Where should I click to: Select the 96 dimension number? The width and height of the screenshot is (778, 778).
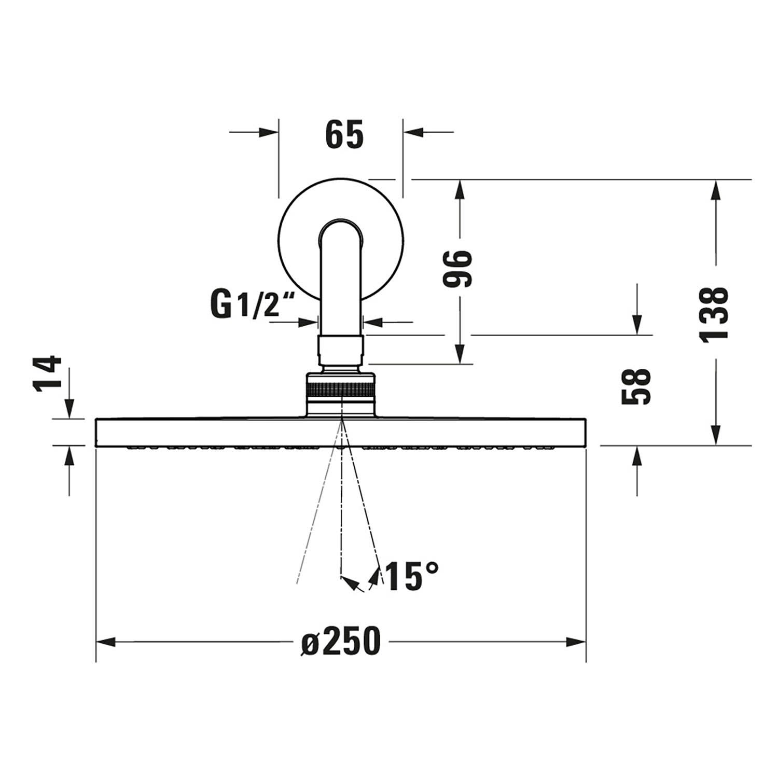[x=459, y=268]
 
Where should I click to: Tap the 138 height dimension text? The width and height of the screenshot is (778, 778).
[x=714, y=313]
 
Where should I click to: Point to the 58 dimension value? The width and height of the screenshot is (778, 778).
[x=636, y=386]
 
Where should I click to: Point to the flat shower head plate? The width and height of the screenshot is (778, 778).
[x=207, y=433]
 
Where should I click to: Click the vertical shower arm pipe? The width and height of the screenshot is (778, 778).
[x=340, y=290]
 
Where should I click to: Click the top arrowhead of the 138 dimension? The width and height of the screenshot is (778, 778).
[x=716, y=189]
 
